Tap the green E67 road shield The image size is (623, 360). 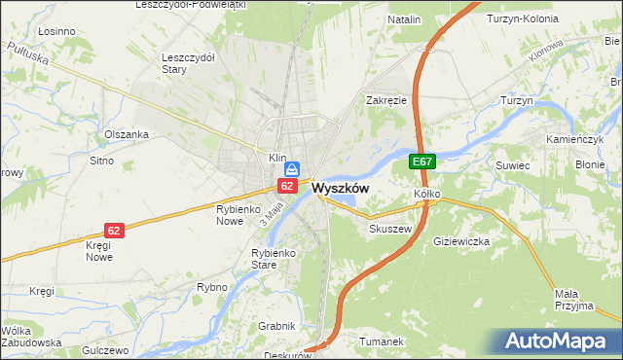pos(421,162)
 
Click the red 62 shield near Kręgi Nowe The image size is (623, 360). pos(115,231)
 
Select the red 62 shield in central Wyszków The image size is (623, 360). pos(287,185)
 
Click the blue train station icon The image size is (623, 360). pos(291,169)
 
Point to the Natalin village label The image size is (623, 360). pos(404,19)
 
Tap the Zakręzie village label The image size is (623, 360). pos(386,100)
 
